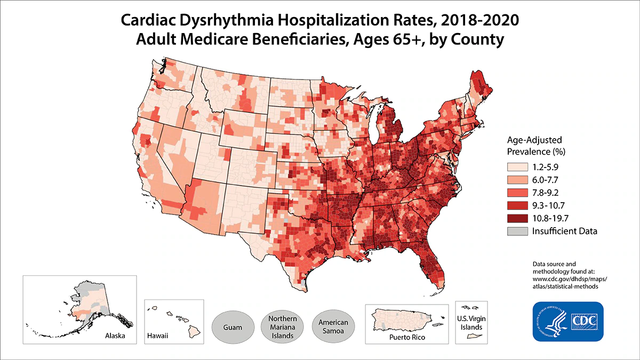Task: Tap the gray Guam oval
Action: [x=233, y=325]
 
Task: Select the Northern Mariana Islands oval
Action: [x=283, y=325]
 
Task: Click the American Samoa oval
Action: [x=333, y=325]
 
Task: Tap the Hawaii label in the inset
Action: [x=158, y=337]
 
